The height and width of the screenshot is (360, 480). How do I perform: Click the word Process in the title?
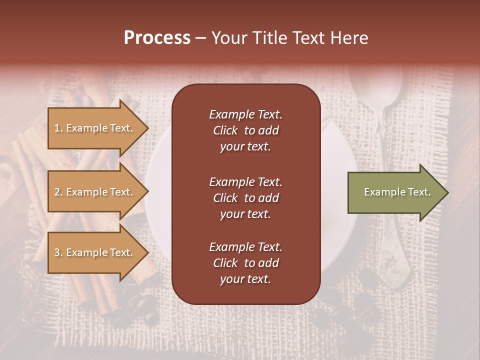click(157, 38)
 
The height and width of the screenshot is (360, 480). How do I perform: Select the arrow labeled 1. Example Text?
click(95, 128)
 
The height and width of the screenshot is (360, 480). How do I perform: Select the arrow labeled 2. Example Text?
click(95, 192)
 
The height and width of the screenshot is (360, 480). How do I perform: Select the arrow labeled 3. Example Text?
click(95, 252)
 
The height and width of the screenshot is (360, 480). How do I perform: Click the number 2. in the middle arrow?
click(58, 192)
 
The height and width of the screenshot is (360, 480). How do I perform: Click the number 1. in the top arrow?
click(58, 128)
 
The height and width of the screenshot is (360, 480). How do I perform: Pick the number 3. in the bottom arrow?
click(58, 252)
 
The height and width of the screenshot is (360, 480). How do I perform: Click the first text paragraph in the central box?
click(245, 130)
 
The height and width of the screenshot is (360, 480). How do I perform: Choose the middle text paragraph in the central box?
click(245, 197)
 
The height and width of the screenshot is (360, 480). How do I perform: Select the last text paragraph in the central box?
click(245, 263)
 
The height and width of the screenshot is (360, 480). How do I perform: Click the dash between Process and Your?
click(200, 38)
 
